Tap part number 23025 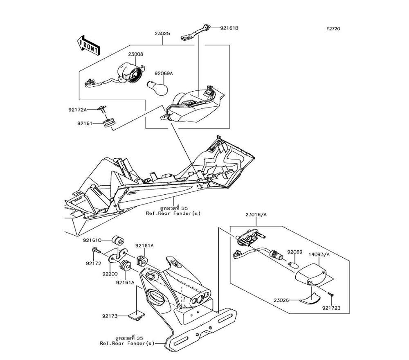[162, 34]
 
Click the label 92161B [229, 28]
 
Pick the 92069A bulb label [164, 74]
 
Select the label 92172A [77, 110]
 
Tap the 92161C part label [92, 241]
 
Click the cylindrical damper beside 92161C [119, 239]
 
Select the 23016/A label [256, 214]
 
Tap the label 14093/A [319, 254]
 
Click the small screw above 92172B [330, 294]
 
